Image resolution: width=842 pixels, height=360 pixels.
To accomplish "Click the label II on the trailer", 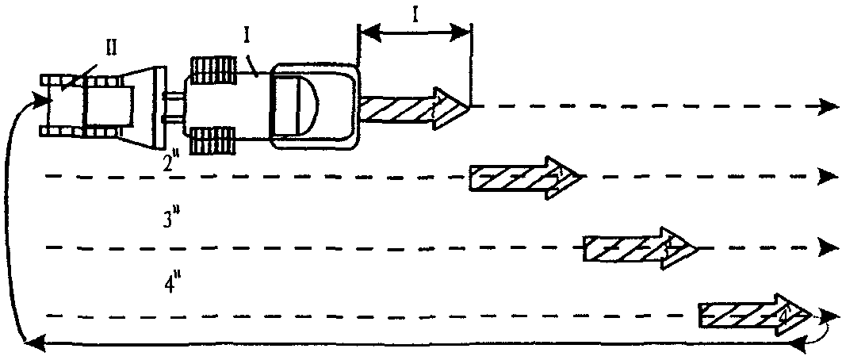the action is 113,48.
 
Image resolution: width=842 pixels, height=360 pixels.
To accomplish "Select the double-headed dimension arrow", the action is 415,33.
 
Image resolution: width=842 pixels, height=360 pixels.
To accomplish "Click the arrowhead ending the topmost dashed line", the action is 828,105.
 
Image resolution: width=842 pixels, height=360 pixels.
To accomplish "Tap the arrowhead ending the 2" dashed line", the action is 828,175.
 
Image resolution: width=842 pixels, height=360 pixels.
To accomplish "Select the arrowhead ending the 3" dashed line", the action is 828,247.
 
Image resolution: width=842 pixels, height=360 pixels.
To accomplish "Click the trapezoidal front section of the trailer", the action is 143,108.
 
